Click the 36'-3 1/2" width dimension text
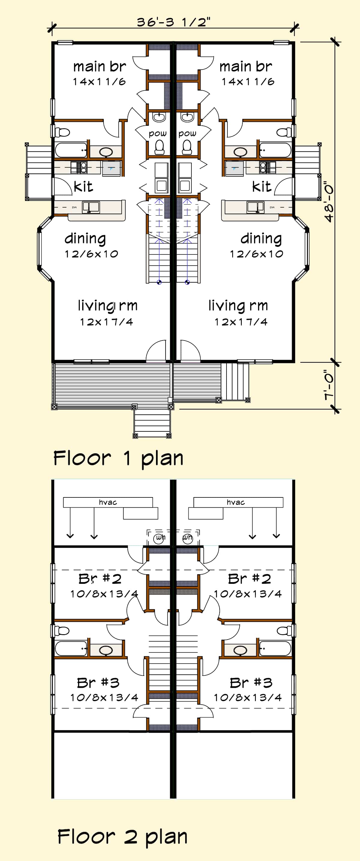point(173,22)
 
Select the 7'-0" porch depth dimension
point(329,385)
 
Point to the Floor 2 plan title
point(122,837)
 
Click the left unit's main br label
point(99,67)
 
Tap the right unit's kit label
point(262,187)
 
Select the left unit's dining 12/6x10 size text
point(91,254)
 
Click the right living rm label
point(238,305)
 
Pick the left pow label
point(157,133)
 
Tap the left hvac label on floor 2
point(108,502)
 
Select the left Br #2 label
point(100,579)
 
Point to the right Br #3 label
point(251,682)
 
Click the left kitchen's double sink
point(91,207)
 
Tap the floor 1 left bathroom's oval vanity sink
point(106,152)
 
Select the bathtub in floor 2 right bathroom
point(275,648)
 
